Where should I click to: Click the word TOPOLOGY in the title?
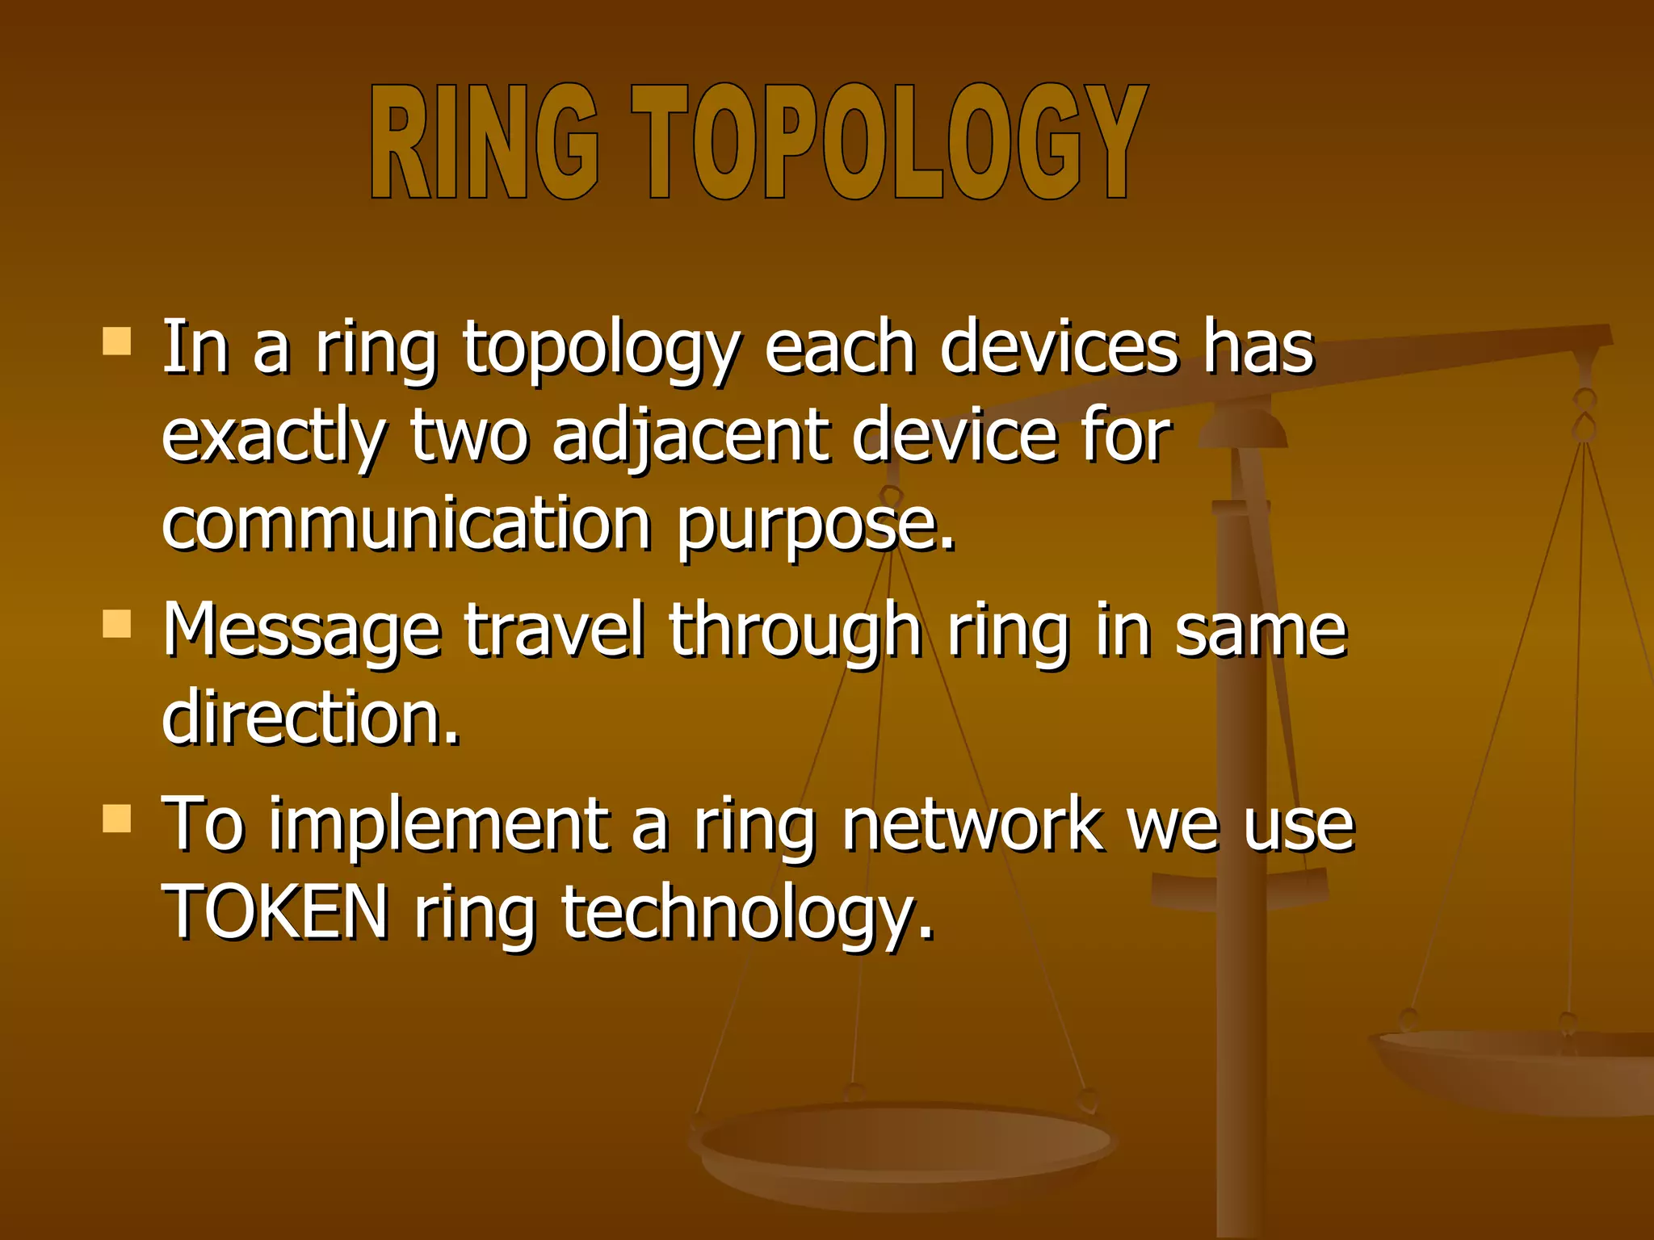pyautogui.click(x=888, y=142)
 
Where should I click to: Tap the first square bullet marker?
pyautogui.click(x=117, y=341)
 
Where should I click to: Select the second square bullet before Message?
pyautogui.click(x=117, y=624)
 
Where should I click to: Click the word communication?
pyautogui.click(x=406, y=525)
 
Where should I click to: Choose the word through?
pyautogui.click(x=795, y=630)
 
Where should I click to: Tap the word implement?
pyautogui.click(x=439, y=825)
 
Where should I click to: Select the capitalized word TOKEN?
pyautogui.click(x=275, y=912)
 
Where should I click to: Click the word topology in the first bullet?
pyautogui.click(x=601, y=349)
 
